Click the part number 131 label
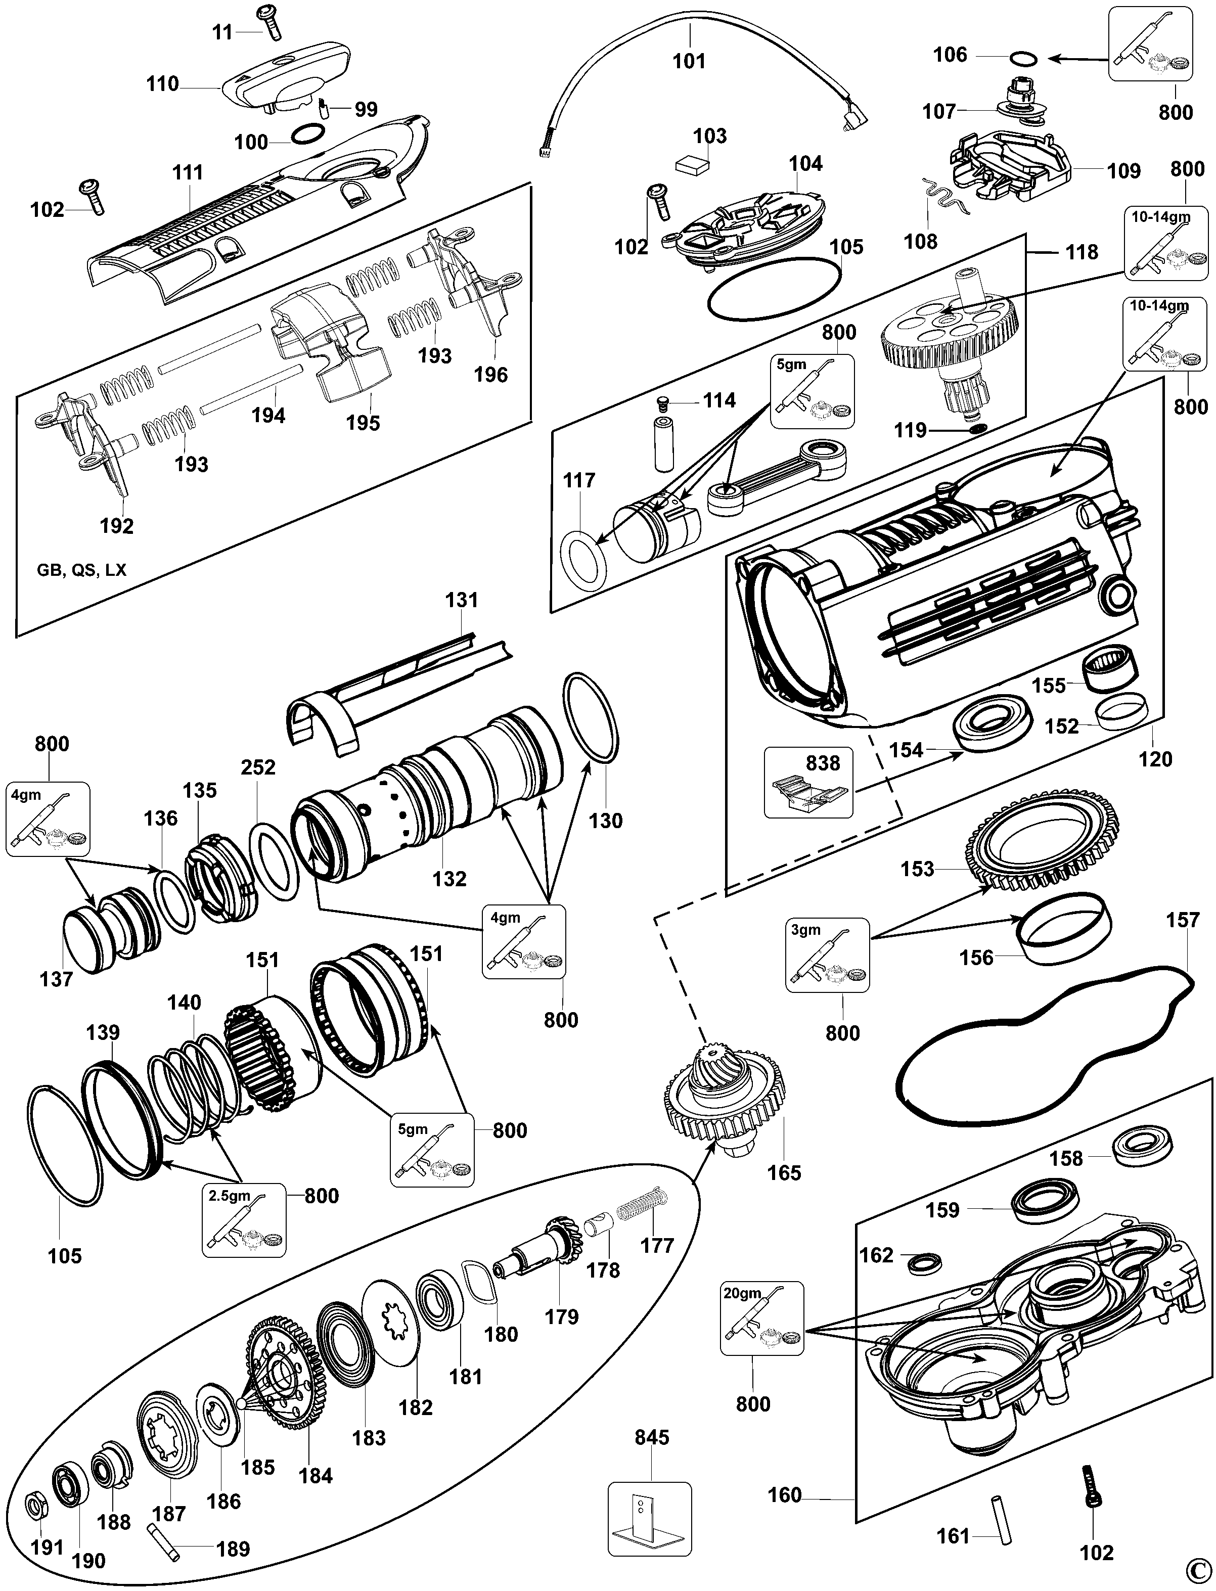462,600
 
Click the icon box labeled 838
808,783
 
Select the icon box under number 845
649,1516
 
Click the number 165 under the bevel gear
784,1172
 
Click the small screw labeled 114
660,400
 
